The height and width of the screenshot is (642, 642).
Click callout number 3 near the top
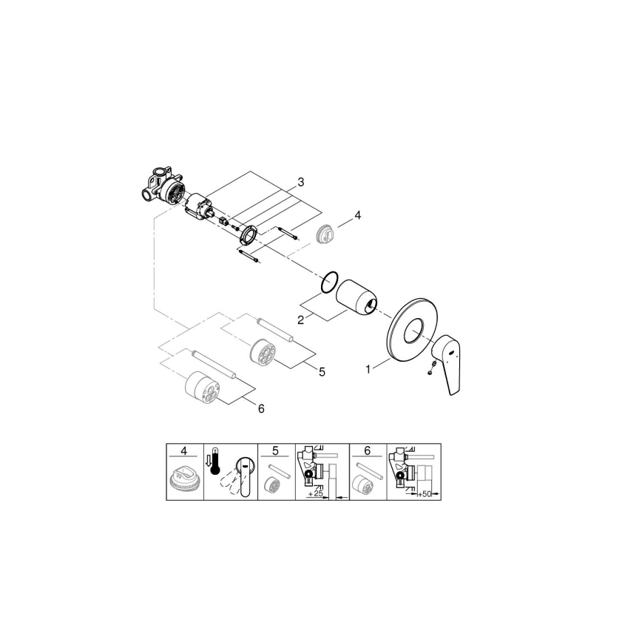point(301,181)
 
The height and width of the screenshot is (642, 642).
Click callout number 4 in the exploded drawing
point(357,215)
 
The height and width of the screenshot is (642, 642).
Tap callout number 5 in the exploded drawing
point(322,372)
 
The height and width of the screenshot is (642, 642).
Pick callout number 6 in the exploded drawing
point(260,408)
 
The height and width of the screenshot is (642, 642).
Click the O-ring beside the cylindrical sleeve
point(331,281)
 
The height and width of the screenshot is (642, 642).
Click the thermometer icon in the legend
point(214,465)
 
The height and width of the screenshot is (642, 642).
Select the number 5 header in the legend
point(275,450)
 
